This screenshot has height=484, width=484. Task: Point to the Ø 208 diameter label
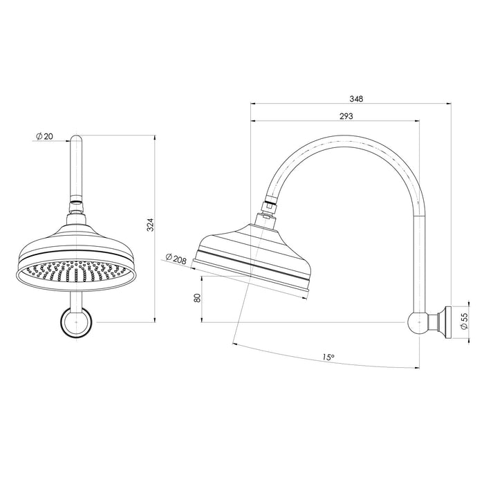point(176,259)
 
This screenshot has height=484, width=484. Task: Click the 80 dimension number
point(197,299)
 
